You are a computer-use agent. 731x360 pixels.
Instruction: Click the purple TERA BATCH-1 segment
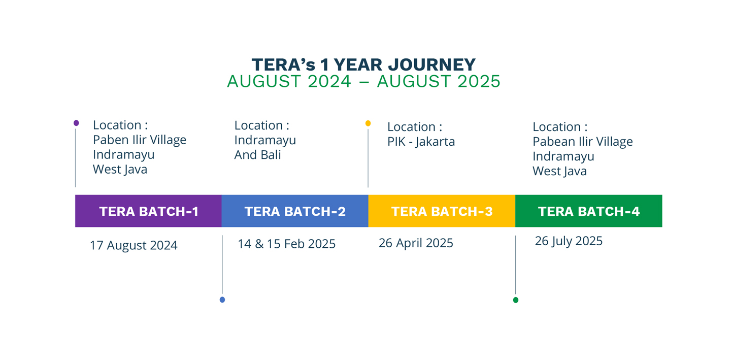tap(148, 211)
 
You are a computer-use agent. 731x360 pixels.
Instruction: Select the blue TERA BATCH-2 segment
tap(295, 211)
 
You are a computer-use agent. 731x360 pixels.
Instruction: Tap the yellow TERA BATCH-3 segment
tap(442, 211)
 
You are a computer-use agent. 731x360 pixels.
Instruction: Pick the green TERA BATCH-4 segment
tap(589, 211)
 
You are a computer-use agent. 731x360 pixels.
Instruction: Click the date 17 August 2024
tap(134, 245)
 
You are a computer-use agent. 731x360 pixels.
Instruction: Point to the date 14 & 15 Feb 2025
tap(286, 244)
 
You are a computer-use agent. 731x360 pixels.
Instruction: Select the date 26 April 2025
tap(416, 243)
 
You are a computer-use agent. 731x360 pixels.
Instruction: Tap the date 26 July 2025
tap(569, 241)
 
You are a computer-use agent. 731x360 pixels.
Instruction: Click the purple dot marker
tap(76, 123)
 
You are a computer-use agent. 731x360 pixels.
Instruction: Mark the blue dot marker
tap(222, 300)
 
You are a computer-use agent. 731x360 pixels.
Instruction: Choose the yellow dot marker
tap(368, 123)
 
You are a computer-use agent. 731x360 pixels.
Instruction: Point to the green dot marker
tap(516, 300)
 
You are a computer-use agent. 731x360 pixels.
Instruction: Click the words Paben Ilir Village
tap(140, 140)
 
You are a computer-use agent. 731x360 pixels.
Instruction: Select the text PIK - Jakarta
tap(421, 142)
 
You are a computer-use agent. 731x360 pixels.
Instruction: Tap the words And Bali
tap(257, 155)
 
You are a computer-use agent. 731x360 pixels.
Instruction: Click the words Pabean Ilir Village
tap(583, 142)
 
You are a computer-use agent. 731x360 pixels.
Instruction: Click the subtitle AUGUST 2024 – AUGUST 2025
tap(363, 81)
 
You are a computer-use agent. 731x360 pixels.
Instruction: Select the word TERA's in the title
tap(283, 64)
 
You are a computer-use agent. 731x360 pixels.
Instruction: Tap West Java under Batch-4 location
tap(559, 171)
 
